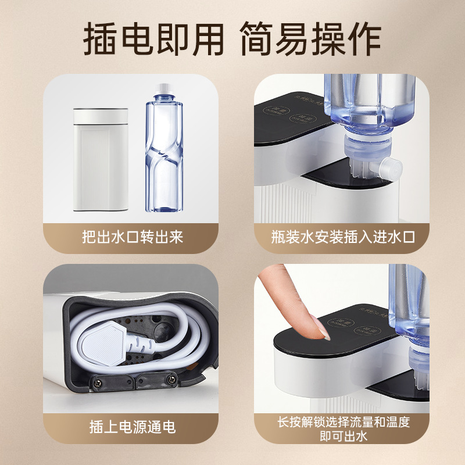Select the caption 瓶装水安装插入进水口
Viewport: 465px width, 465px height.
[x=342, y=237]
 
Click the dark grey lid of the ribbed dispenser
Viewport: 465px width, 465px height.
[x=101, y=114]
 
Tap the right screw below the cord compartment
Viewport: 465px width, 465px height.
[x=172, y=380]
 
